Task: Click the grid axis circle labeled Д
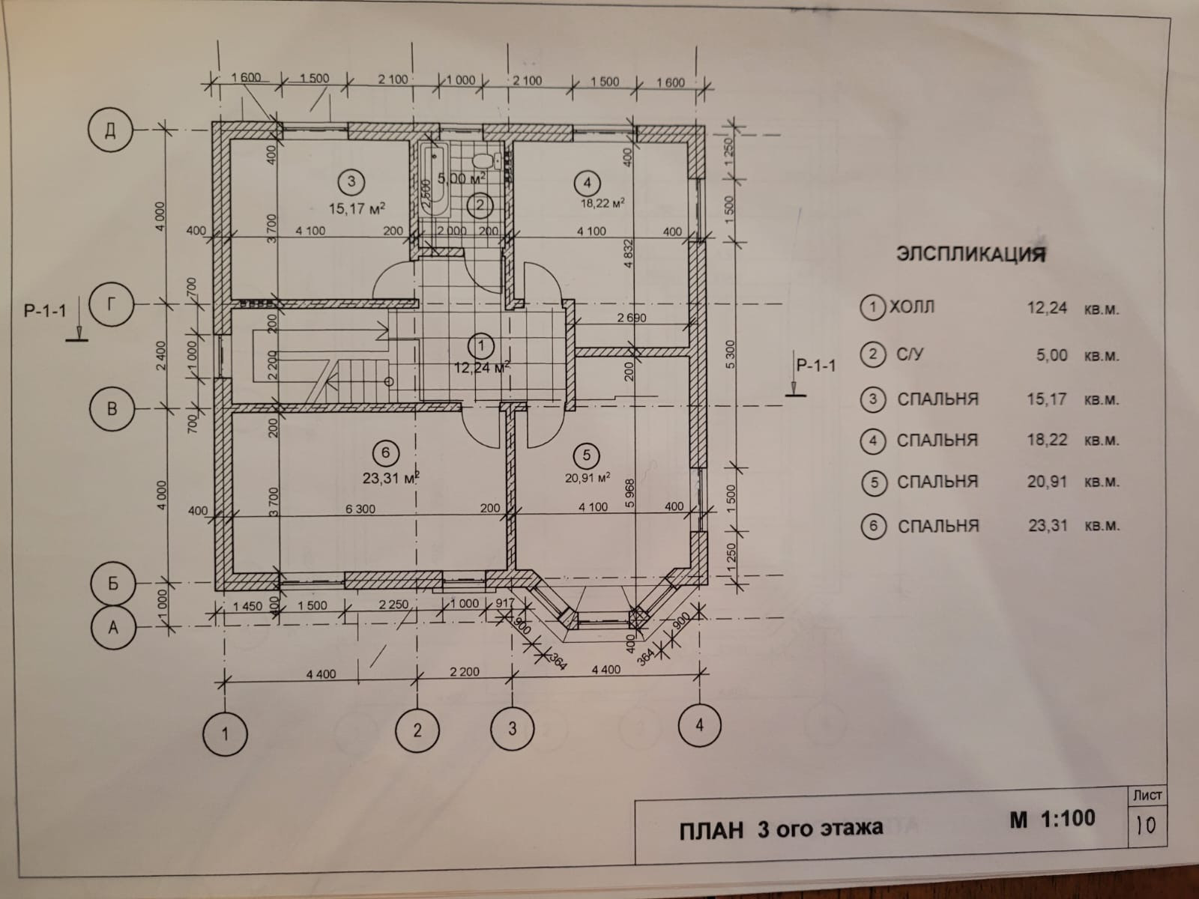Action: tap(109, 131)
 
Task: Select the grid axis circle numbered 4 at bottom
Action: tap(700, 724)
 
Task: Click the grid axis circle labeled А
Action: tap(113, 626)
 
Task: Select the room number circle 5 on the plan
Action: tap(587, 455)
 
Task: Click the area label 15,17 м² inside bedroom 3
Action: tap(357, 208)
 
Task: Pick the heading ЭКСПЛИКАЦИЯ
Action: tap(971, 254)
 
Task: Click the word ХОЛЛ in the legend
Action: tap(911, 306)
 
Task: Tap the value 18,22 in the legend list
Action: tap(1047, 440)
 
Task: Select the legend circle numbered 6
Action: tap(873, 526)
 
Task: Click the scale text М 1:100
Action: tap(1052, 819)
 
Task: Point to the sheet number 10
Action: tap(1146, 826)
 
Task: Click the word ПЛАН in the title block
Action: tap(711, 829)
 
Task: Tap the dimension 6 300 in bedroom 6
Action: tap(360, 509)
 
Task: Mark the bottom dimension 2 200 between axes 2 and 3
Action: tap(465, 672)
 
